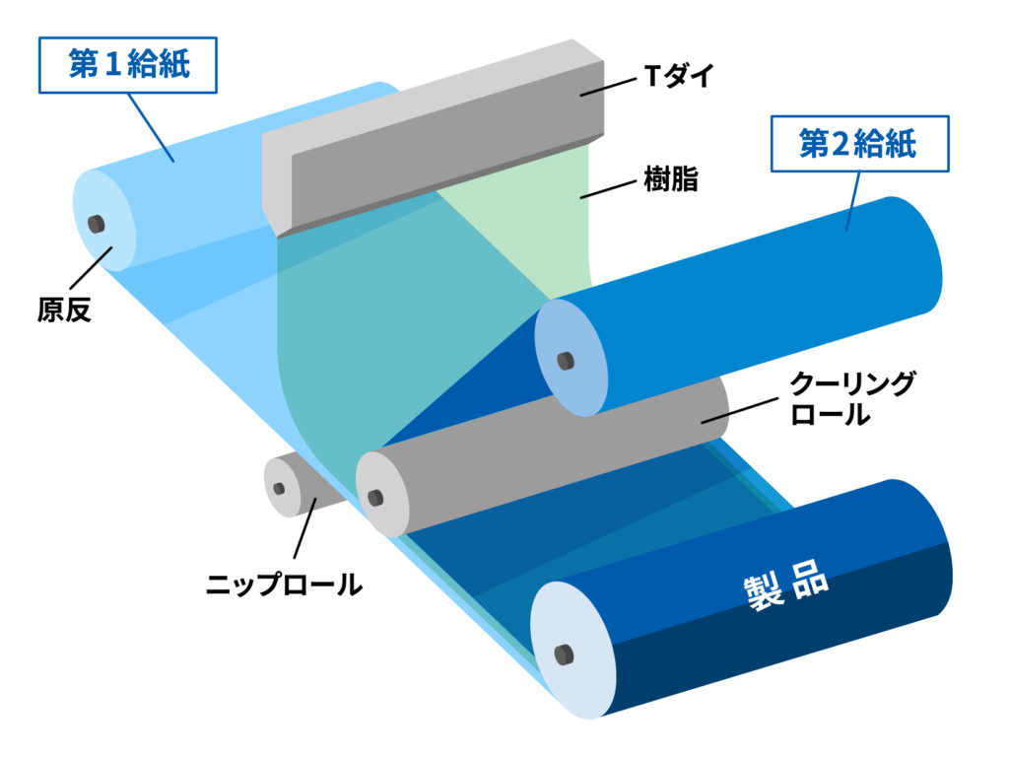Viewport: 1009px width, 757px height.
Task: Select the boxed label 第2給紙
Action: [856, 145]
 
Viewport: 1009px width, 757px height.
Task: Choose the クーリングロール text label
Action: [853, 398]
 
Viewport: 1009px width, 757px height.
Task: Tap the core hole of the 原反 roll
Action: [97, 222]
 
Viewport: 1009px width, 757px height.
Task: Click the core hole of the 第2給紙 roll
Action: [565, 361]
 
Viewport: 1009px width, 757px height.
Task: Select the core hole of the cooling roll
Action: [374, 496]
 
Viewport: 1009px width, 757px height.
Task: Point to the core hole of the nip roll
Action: [279, 488]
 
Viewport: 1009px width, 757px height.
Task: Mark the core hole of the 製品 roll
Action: [564, 654]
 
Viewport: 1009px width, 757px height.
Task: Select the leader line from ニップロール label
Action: [303, 532]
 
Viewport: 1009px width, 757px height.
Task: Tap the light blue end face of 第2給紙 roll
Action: [570, 357]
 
